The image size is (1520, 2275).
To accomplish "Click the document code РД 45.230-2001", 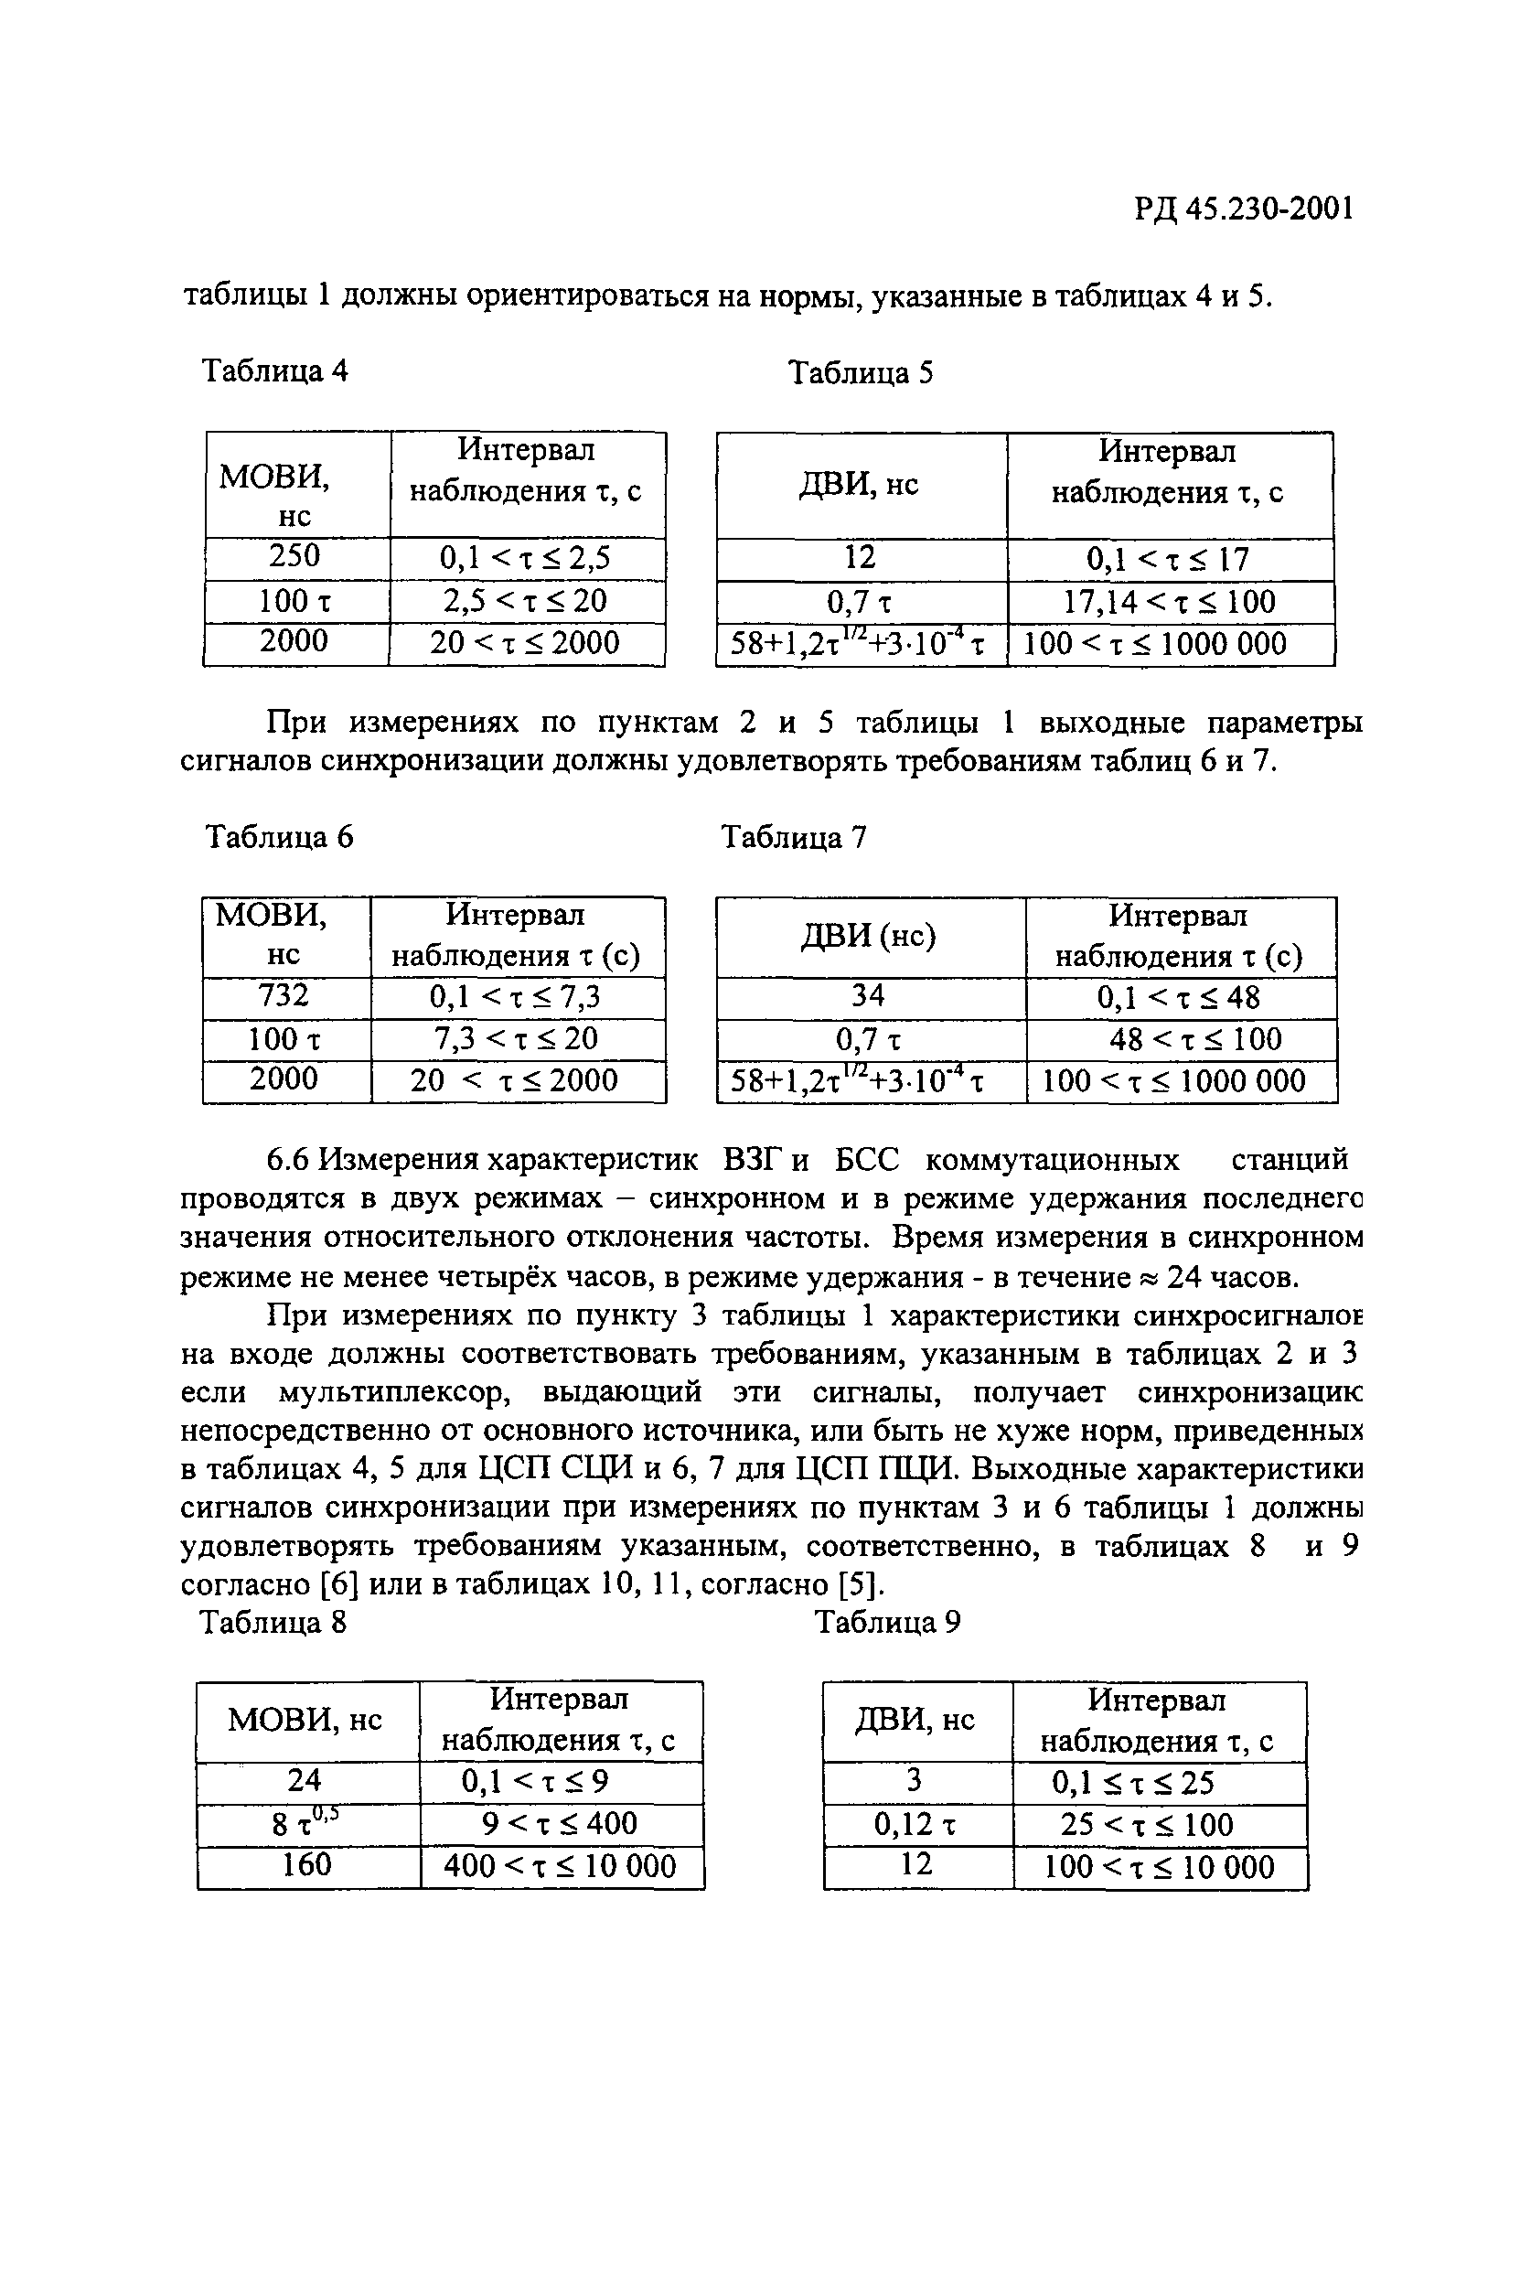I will tap(1244, 209).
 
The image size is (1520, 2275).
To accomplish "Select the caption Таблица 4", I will tap(274, 371).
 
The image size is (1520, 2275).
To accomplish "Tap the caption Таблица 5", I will tap(861, 372).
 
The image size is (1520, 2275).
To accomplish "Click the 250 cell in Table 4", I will tap(294, 556).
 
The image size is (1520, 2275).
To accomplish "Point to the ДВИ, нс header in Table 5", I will tap(860, 484).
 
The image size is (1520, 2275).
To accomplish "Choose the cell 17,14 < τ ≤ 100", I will tap(1169, 602).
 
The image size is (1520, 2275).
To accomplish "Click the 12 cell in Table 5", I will tap(860, 557).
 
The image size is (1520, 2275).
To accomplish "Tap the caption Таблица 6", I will tap(279, 836).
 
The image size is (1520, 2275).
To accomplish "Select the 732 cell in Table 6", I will tap(284, 995).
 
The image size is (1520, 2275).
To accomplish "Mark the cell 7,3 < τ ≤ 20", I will tap(516, 1039).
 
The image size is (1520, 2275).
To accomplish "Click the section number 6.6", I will tap(288, 1159).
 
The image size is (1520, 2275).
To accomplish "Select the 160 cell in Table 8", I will tap(306, 1864).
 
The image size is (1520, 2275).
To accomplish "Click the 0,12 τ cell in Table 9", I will tap(915, 1825).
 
